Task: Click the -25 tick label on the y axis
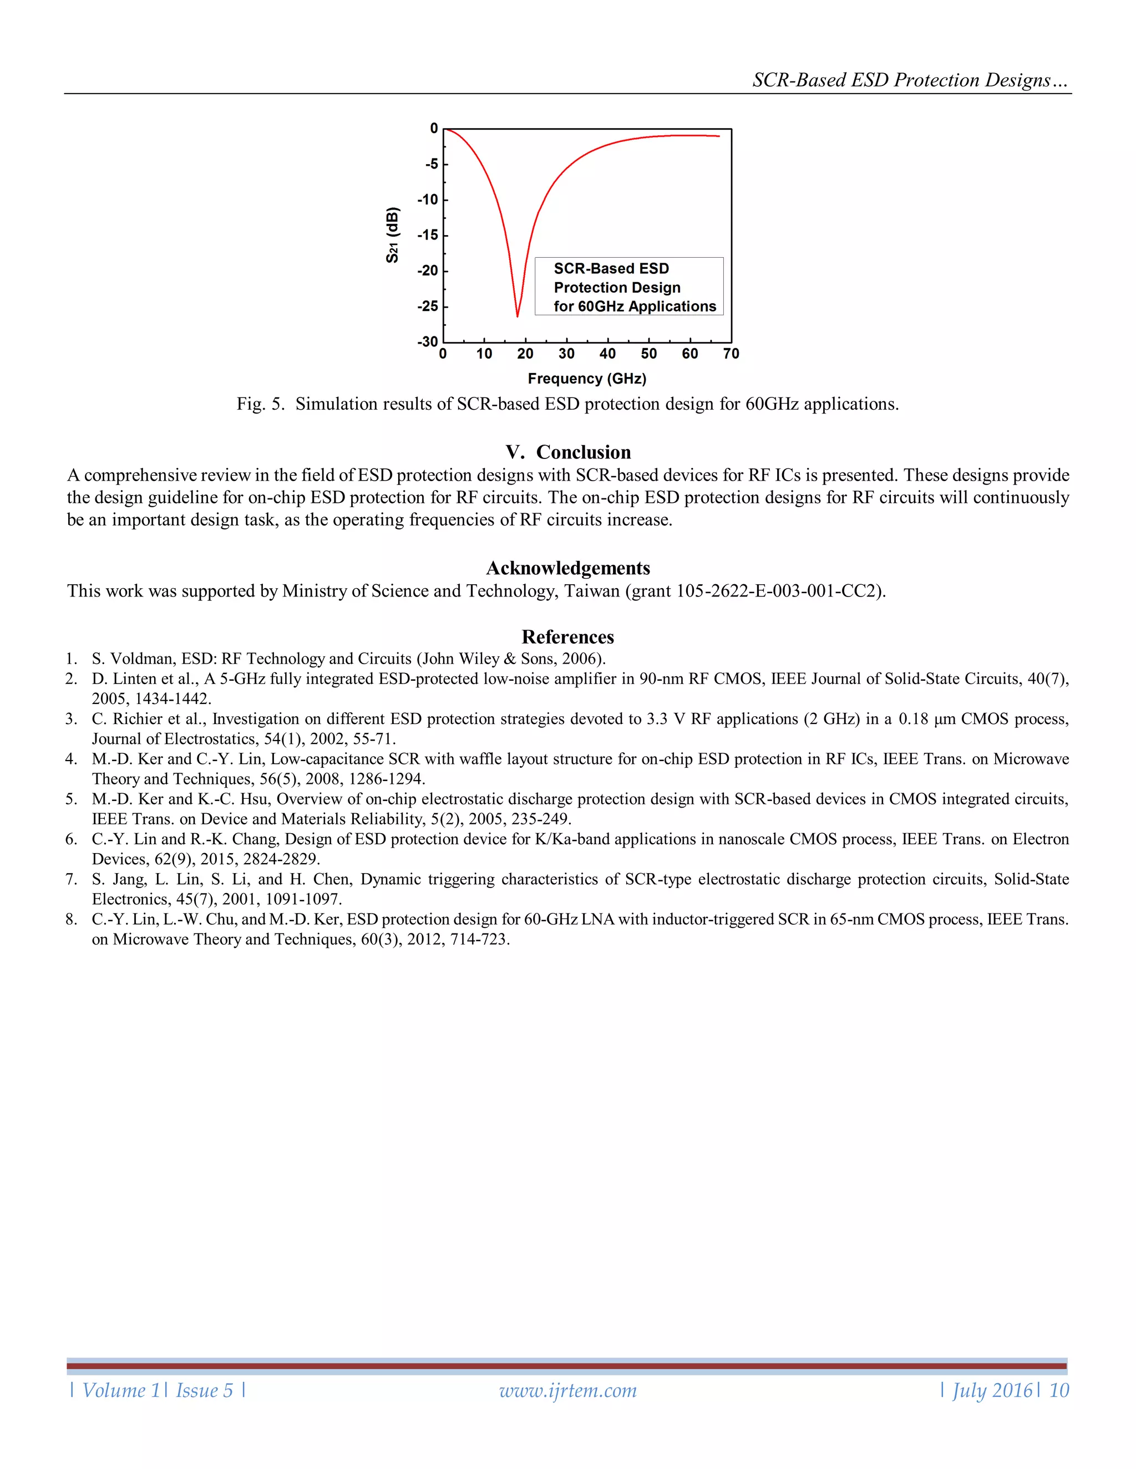pos(427,307)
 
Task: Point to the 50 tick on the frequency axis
pos(649,354)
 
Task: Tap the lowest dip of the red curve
pos(518,316)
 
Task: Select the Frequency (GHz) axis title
pos(587,379)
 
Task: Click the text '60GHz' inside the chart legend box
pos(601,307)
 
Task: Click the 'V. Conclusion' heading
pos(568,452)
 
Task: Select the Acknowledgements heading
pos(568,568)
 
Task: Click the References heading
pos(568,637)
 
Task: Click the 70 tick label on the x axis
pos(731,354)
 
